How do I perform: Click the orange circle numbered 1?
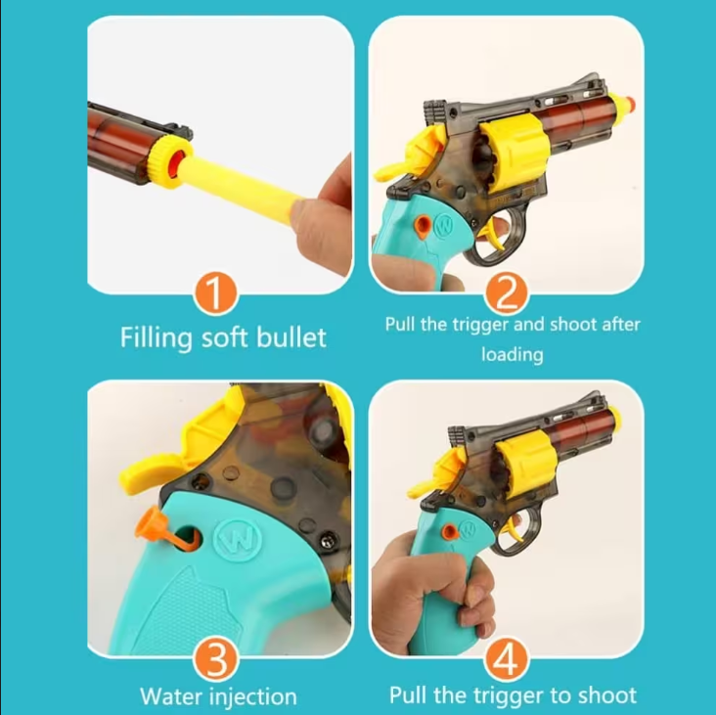coord(215,293)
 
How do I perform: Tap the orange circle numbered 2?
coord(506,293)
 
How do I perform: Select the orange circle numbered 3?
coord(215,659)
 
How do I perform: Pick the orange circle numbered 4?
coord(506,659)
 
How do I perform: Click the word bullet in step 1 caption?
coord(291,337)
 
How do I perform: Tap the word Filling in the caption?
coord(157,338)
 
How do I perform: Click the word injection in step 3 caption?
coord(253,697)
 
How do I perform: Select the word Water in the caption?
coord(172,696)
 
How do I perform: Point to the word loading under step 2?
coord(513,355)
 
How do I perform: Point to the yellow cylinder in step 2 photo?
coord(514,152)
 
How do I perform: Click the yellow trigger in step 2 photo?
coord(495,233)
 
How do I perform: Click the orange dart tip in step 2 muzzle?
coord(631,103)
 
